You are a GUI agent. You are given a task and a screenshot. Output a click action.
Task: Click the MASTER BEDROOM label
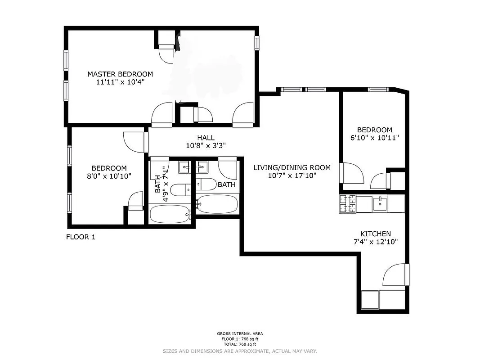coord(120,74)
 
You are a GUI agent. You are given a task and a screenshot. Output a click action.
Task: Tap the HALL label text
coord(206,138)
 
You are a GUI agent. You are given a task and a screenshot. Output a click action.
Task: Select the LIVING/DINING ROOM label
coord(292,168)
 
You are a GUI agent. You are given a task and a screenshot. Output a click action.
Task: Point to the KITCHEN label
coord(375,234)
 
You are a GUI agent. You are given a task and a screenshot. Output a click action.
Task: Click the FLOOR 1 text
coord(81,237)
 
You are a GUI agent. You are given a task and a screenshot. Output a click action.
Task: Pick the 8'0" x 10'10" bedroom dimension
coord(109,176)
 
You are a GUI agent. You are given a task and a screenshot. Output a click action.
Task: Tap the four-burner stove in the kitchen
coord(348,204)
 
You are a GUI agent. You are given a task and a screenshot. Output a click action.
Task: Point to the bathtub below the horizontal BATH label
coord(217,204)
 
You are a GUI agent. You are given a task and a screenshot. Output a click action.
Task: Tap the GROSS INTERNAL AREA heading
coord(240,334)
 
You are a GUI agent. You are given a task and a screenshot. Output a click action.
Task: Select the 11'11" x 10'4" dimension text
coord(120,82)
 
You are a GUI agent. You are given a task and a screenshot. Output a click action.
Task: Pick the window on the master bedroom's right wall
coord(257,42)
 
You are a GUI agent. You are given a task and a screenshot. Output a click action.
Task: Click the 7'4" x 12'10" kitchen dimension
coord(375,242)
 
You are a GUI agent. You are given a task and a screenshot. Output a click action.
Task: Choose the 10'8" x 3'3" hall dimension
coord(206,146)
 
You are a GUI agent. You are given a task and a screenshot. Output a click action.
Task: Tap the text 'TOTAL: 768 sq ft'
coord(240,344)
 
